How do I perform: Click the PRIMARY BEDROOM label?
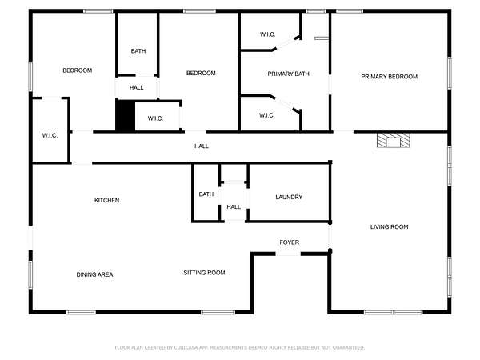point(389,77)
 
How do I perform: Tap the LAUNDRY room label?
point(289,197)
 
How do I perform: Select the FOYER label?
point(290,242)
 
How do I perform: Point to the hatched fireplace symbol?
point(394,141)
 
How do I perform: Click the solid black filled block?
point(126,116)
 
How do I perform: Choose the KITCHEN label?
point(107,201)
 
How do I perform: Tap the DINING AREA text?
point(94,274)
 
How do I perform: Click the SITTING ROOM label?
point(204,273)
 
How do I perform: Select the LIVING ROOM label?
point(389,227)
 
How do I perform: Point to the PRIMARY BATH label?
point(288,74)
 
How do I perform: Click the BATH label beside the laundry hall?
point(206,194)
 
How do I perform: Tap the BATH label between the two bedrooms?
point(138,51)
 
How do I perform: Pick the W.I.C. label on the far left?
point(50,136)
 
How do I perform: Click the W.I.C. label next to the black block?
point(155,118)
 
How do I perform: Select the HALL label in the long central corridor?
point(202,146)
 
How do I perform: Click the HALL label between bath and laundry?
point(234,207)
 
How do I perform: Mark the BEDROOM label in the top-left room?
point(77,70)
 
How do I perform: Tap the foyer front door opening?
point(288,254)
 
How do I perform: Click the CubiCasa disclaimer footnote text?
point(240,347)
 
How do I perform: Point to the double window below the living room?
point(394,312)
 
